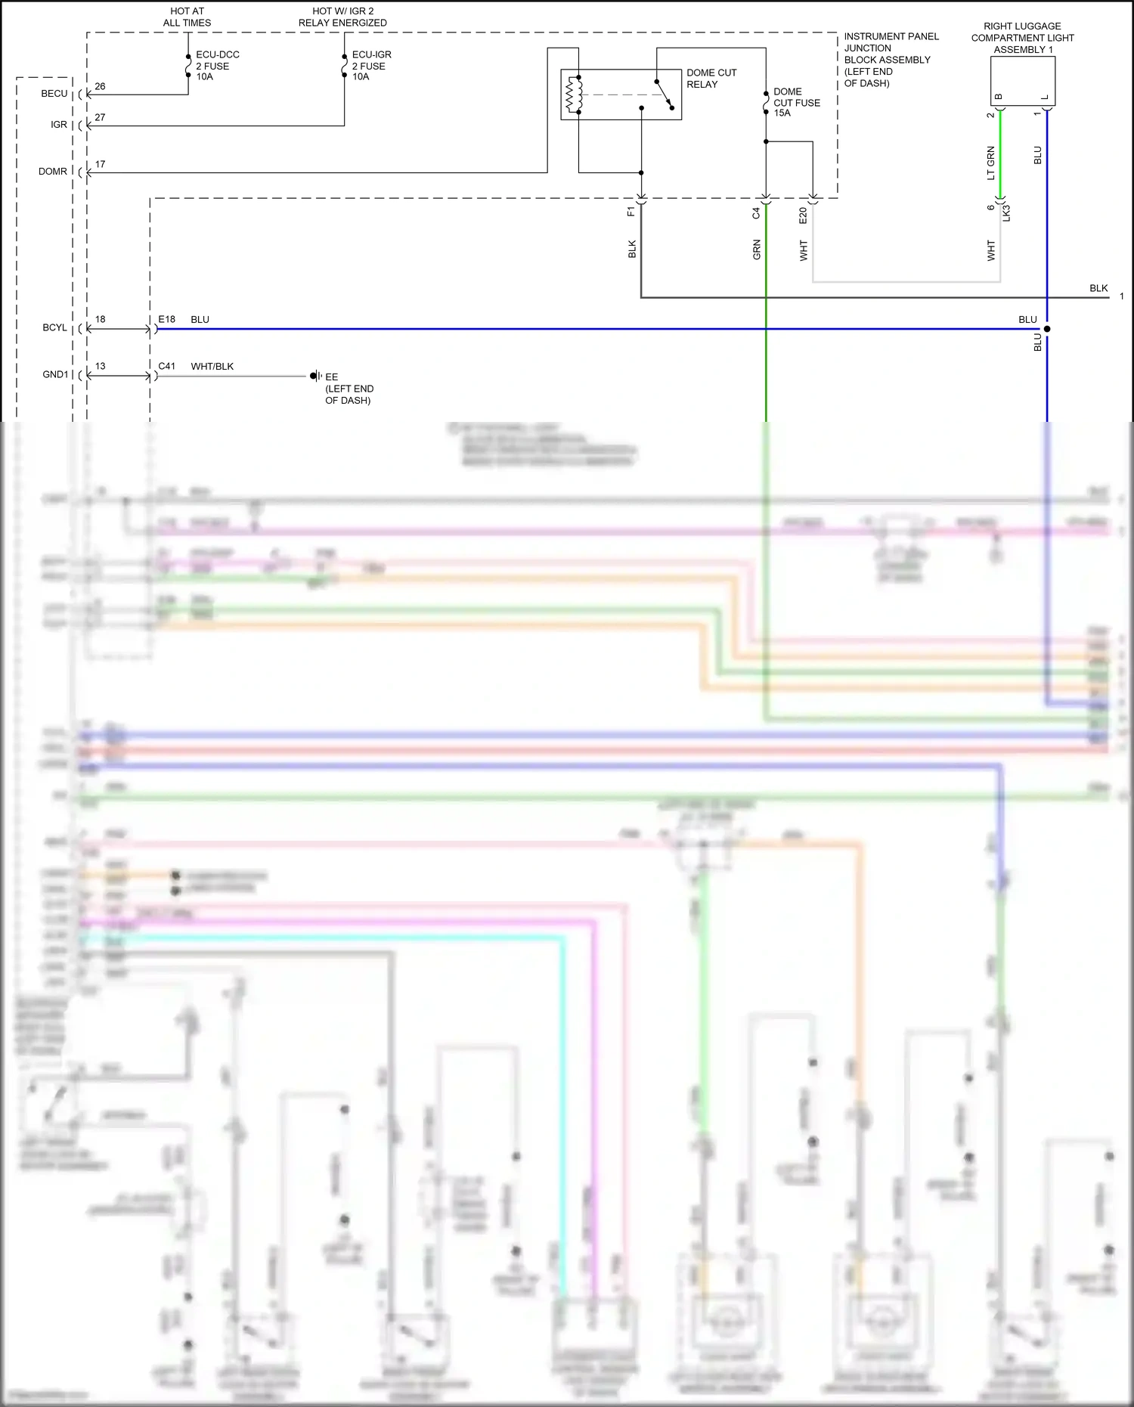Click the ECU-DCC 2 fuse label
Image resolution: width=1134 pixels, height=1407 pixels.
(217, 66)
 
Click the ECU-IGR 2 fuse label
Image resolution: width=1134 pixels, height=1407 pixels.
(371, 66)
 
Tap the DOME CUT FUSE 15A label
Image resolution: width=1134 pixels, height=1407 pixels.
(796, 102)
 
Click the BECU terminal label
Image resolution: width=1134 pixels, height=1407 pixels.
(54, 94)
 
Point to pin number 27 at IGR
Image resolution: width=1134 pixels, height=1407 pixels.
(100, 117)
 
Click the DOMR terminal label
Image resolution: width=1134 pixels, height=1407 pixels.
(53, 172)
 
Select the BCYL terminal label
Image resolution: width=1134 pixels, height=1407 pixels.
(54, 328)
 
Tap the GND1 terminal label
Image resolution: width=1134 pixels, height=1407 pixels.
(55, 375)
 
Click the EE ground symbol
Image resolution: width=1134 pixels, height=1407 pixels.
(314, 376)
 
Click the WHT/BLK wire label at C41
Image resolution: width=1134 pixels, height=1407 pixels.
(212, 367)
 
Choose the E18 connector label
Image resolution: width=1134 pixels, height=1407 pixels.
(166, 320)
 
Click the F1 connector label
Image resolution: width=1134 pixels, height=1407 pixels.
(631, 212)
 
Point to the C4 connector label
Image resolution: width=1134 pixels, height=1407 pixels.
(756, 214)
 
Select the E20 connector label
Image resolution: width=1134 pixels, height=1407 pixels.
(803, 215)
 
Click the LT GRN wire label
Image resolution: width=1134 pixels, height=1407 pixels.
(990, 163)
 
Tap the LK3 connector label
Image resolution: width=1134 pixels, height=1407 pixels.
(1006, 213)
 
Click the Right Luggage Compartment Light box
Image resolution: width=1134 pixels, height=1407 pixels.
(1022, 81)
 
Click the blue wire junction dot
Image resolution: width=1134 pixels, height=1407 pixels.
(1047, 329)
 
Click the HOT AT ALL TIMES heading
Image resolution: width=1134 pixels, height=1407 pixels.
(187, 17)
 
